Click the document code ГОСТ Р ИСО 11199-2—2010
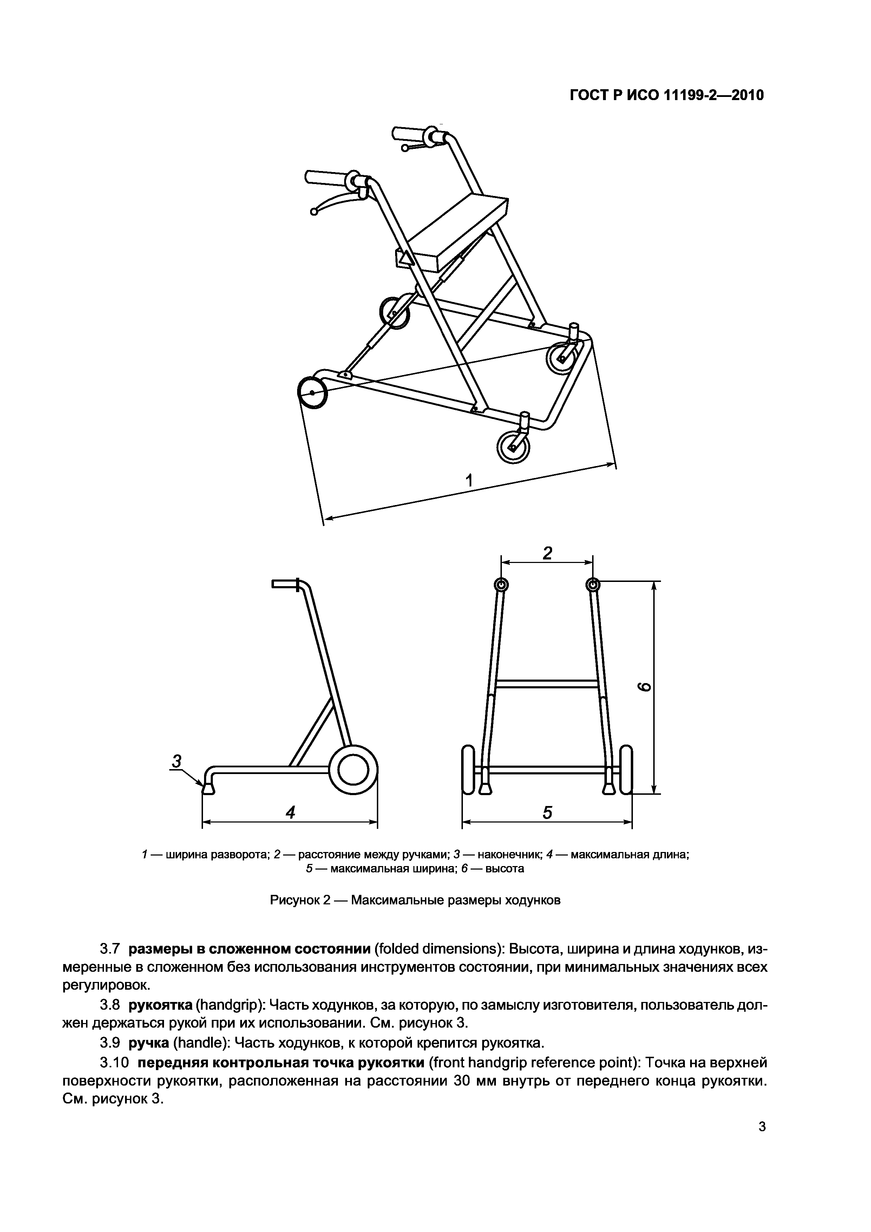[x=666, y=96]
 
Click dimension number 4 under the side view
[x=290, y=813]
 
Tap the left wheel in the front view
[x=468, y=770]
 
